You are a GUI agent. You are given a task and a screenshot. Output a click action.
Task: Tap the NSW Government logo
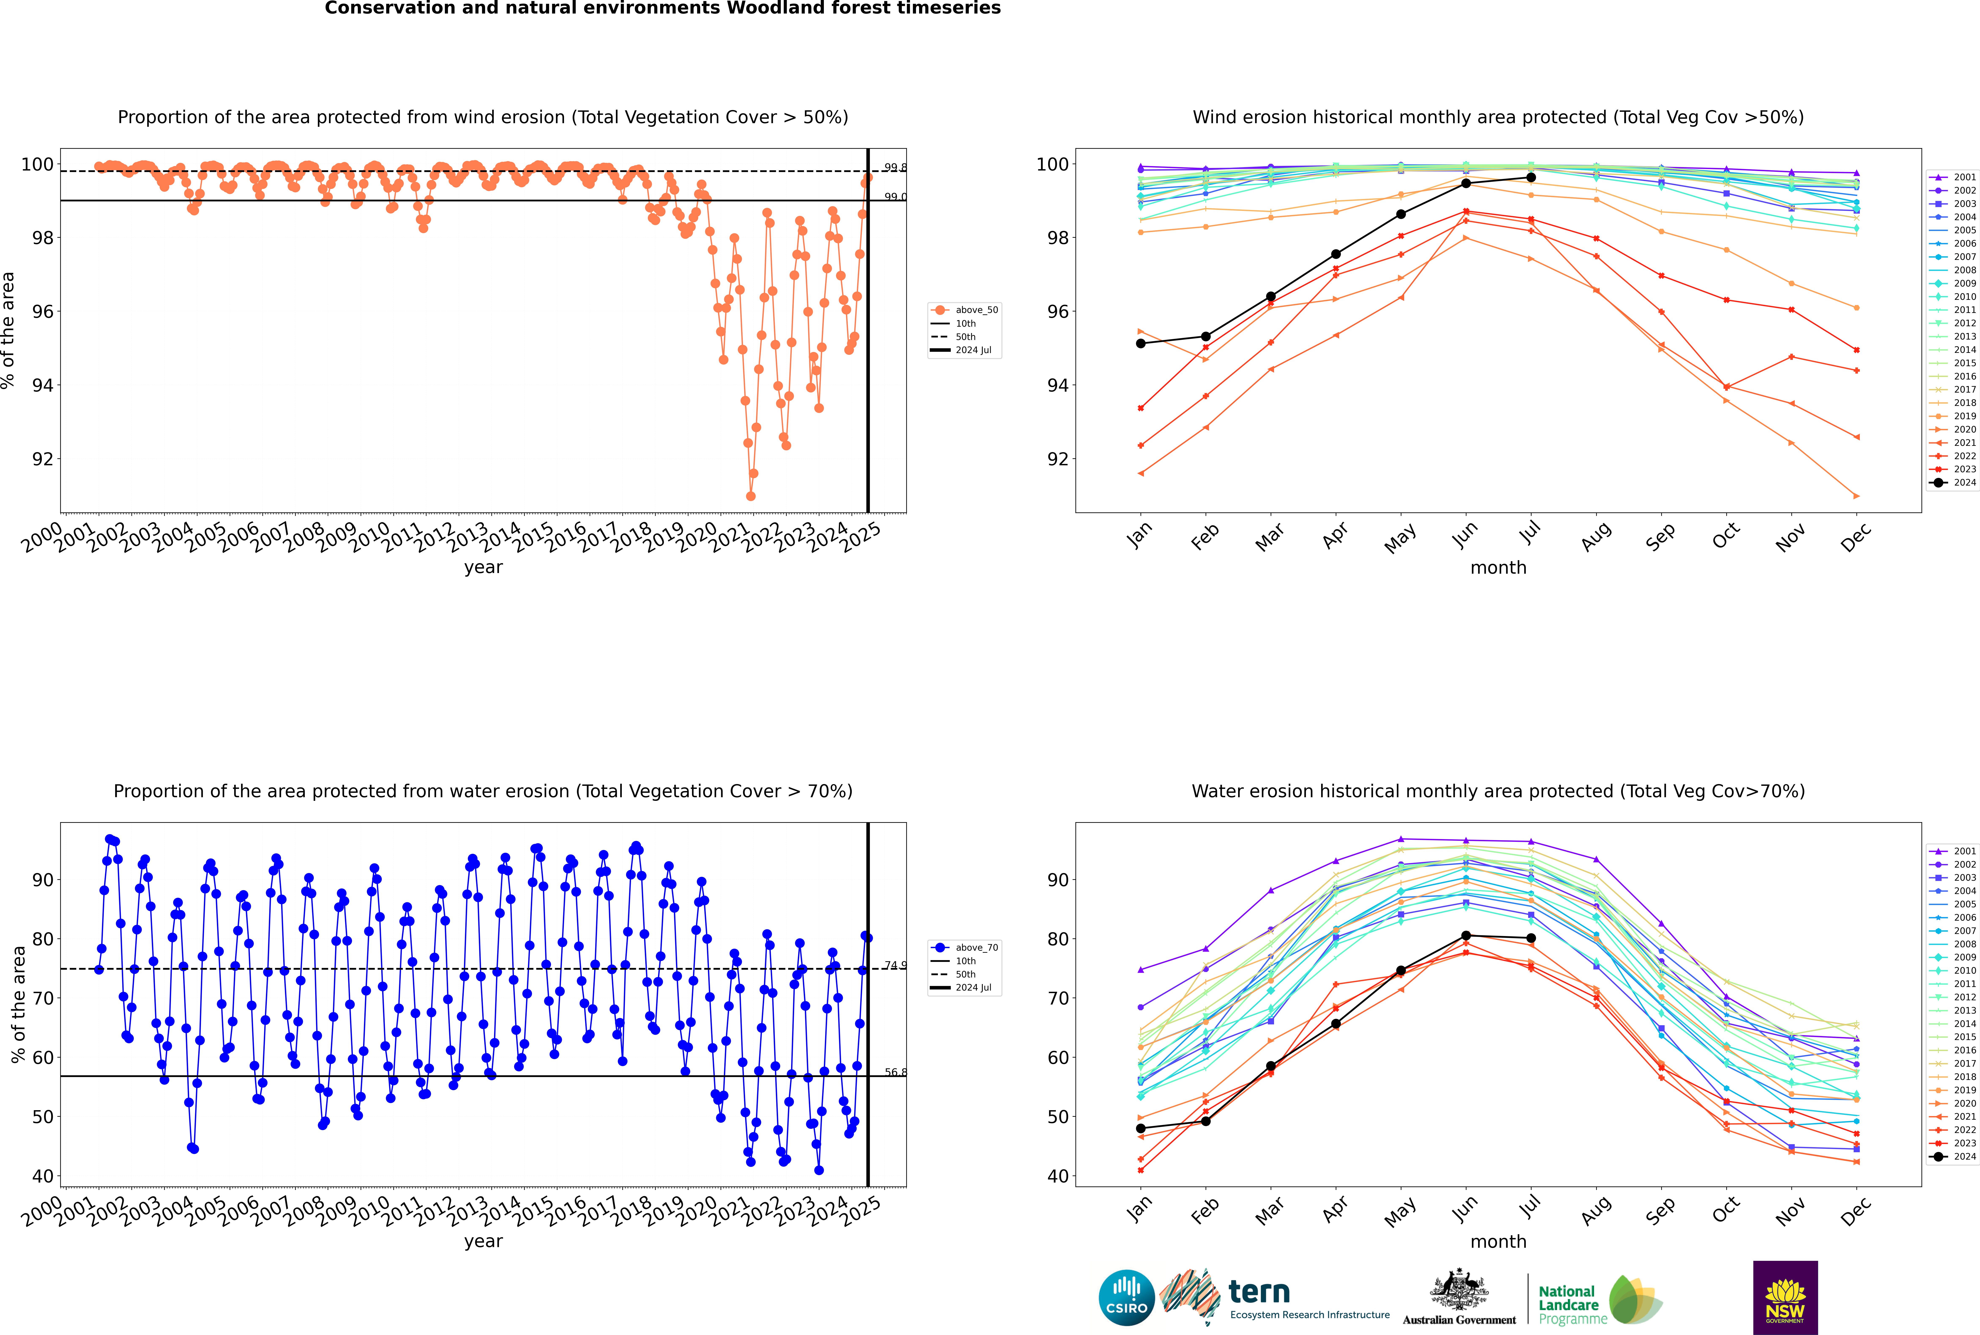(1785, 1298)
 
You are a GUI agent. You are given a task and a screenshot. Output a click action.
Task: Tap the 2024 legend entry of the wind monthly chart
(1954, 483)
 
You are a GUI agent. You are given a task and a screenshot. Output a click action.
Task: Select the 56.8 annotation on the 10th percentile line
(895, 1073)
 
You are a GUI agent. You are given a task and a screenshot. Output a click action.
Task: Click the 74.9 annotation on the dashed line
(895, 965)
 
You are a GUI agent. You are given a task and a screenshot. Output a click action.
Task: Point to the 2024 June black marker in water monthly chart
(1466, 936)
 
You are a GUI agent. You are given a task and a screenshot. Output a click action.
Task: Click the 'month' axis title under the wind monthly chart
(1498, 568)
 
